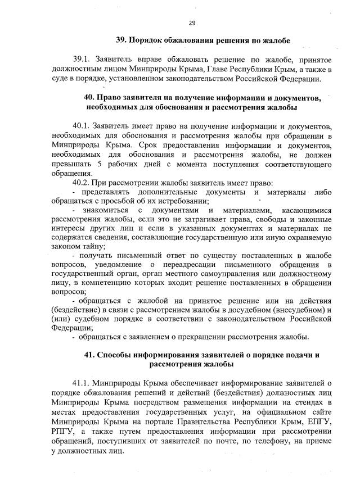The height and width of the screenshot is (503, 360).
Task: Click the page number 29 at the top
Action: [192, 22]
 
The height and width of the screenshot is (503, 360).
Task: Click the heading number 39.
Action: [121, 40]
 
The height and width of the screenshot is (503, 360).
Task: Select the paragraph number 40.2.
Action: [82, 183]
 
